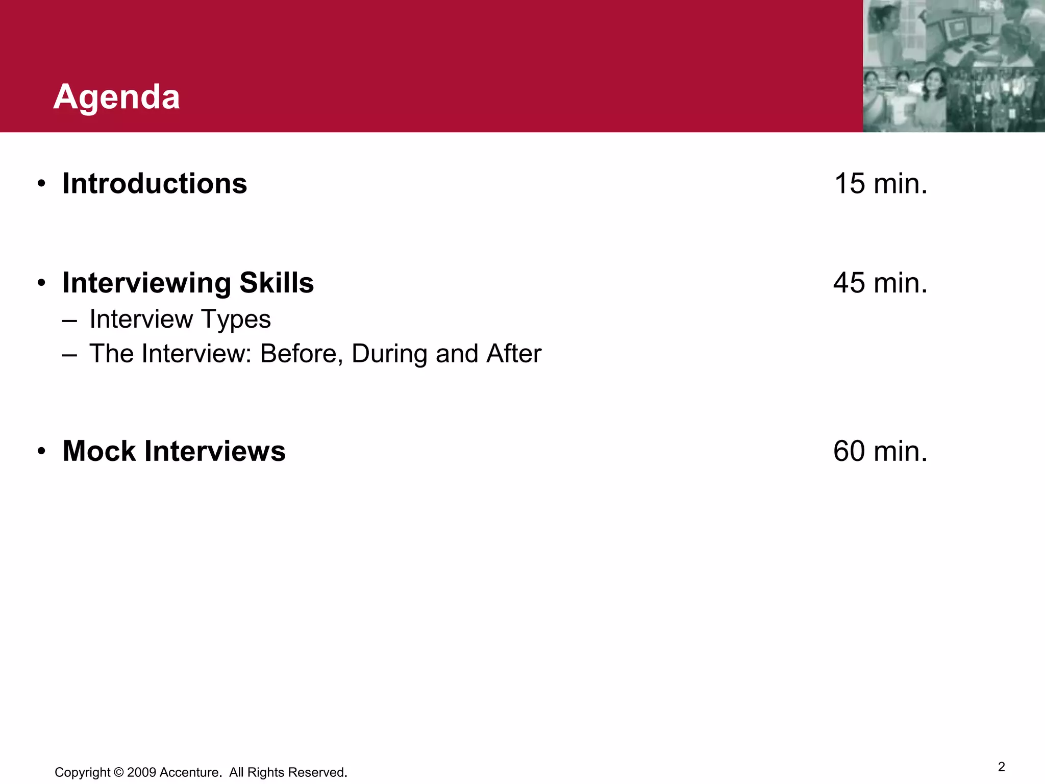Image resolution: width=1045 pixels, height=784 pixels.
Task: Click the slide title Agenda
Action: tap(116, 97)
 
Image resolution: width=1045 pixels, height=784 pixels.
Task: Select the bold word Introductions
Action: tap(155, 184)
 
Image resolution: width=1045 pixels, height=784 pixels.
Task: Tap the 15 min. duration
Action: tap(880, 184)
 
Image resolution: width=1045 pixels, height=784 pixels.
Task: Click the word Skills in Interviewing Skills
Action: tap(277, 283)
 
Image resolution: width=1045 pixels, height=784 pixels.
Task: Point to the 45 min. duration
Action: tap(880, 283)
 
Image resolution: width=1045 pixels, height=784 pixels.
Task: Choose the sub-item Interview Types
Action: tap(180, 320)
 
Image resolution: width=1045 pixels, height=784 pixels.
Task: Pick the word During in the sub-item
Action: tap(389, 354)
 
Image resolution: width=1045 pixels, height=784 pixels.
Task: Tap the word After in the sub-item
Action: tap(514, 354)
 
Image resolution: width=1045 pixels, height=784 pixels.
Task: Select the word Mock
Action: tap(99, 451)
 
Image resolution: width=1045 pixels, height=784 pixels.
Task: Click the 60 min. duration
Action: tap(880, 451)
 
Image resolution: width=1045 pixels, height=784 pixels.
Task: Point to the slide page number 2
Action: tap(1001, 767)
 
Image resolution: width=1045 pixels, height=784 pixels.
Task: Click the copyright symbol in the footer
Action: tap(119, 772)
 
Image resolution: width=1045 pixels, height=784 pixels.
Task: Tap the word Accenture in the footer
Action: tap(190, 772)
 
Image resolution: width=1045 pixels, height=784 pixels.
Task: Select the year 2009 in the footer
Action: tap(142, 772)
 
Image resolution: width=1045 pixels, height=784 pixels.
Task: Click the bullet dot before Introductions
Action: tap(42, 184)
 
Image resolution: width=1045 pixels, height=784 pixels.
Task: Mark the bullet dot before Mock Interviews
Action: tap(42, 452)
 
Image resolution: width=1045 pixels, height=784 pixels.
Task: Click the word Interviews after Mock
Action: tap(215, 451)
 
